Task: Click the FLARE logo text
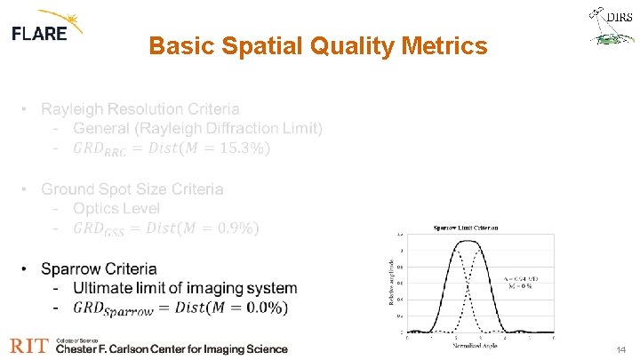pos(39,34)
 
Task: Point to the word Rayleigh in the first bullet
pos(73,109)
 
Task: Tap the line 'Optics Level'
pos(116,208)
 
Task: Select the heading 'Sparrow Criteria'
pos(99,268)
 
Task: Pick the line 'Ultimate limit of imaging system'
pos(185,288)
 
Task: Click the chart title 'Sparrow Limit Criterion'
pos(466,228)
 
